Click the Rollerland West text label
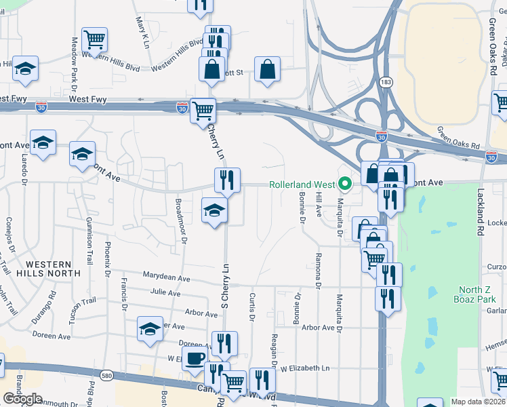click(x=302, y=185)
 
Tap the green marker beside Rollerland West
click(x=345, y=184)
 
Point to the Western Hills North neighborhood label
click(x=54, y=268)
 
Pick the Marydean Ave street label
click(x=166, y=277)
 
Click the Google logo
click(x=22, y=399)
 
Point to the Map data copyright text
click(x=477, y=402)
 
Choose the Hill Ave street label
click(x=318, y=203)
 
